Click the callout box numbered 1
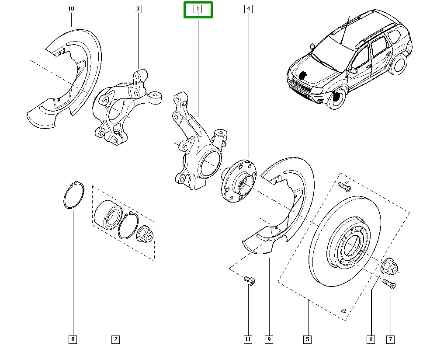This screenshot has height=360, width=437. coord(198,9)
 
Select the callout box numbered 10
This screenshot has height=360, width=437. coord(71,9)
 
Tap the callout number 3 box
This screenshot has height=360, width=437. coord(138,9)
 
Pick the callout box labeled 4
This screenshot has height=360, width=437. coord(248,9)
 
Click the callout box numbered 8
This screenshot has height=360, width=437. coord(73,339)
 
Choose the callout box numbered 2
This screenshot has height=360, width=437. coord(116,339)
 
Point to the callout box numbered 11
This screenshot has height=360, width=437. coord(248,339)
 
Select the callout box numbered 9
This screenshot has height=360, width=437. coord(269,339)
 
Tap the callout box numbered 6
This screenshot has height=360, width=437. coord(371,339)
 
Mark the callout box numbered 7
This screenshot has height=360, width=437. coord(390,339)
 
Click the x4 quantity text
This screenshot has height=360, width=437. coord(347,182)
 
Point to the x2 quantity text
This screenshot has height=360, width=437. coord(343,311)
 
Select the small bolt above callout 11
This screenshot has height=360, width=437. coord(249,280)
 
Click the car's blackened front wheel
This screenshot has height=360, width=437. coord(336,98)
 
